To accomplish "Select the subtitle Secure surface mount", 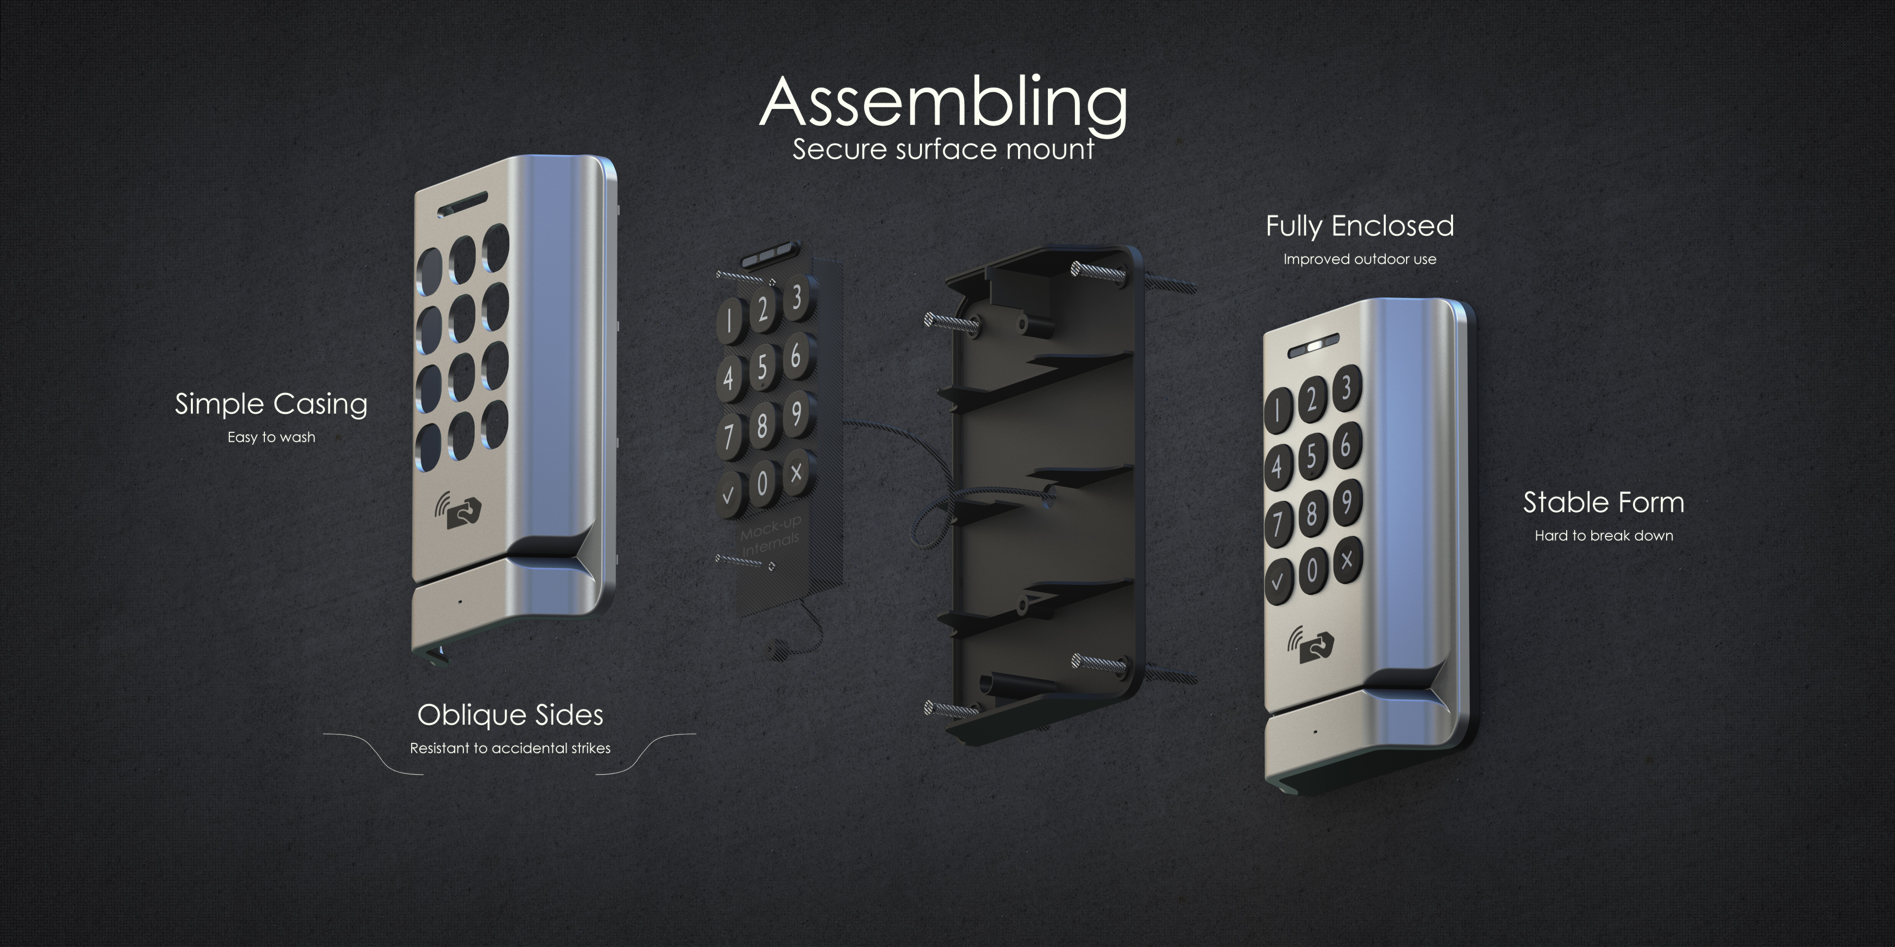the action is [943, 149].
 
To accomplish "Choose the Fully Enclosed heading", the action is [1360, 226].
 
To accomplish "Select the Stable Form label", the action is [1604, 503].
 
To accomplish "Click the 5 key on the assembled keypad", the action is [1312, 456].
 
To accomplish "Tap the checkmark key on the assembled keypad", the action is [1278, 581].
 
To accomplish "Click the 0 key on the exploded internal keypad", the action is [762, 484].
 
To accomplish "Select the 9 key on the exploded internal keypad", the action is [797, 414].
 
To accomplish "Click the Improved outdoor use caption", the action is [1360, 259].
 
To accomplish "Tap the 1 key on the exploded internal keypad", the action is [729, 322].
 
